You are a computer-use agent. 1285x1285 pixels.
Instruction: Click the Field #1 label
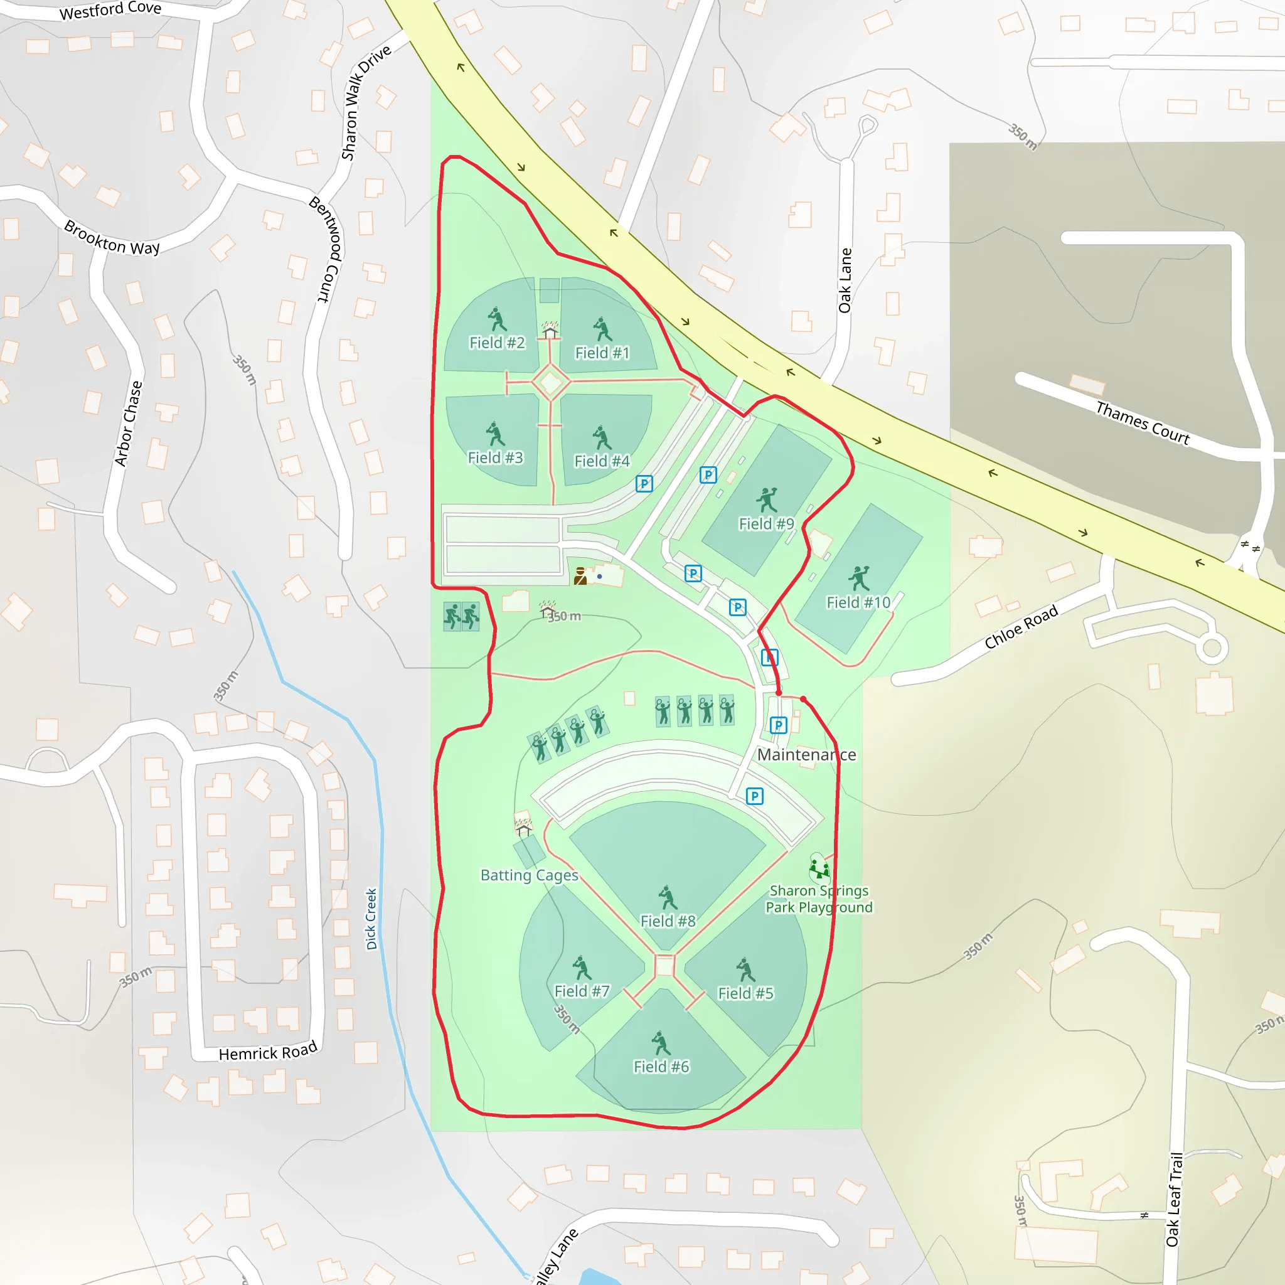[602, 353]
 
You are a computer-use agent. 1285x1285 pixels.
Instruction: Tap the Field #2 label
[497, 343]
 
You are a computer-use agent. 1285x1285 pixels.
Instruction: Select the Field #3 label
[495, 457]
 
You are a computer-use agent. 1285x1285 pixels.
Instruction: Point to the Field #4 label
[602, 461]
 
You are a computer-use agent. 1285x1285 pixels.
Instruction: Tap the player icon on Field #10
[859, 578]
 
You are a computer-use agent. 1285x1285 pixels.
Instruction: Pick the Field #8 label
[668, 921]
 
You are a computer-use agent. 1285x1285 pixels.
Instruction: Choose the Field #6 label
[661, 1067]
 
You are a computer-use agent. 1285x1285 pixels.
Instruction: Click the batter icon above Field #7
[582, 968]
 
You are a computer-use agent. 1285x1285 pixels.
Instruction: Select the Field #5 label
[745, 993]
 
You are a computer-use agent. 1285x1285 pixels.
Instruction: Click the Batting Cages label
[530, 875]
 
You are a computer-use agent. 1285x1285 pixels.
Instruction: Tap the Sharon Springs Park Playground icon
[819, 868]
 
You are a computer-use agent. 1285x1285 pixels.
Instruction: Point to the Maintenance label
[807, 755]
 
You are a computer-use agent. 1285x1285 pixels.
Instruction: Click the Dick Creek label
[371, 919]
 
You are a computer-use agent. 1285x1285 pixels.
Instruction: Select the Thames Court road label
[1143, 423]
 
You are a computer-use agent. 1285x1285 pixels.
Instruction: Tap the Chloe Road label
[1021, 627]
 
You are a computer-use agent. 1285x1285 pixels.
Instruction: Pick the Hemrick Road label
[268, 1052]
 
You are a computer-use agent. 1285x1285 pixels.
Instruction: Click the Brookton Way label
[112, 238]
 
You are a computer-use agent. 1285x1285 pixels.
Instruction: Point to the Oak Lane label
[845, 280]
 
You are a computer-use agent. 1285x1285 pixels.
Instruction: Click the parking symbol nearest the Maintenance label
[778, 725]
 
